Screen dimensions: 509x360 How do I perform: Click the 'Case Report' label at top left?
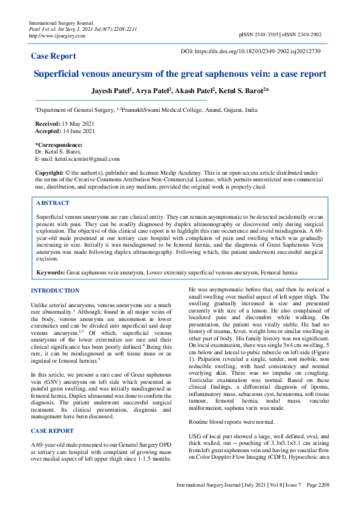[53, 56]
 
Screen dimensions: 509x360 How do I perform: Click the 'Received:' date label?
[47, 123]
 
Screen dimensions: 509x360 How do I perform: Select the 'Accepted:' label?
[47, 131]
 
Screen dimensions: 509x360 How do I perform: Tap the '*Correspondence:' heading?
[59, 145]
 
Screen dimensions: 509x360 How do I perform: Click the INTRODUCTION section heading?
[55, 291]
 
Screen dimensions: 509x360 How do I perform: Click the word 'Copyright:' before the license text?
[49, 172]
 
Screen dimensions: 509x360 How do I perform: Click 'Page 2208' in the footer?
[318, 485]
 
